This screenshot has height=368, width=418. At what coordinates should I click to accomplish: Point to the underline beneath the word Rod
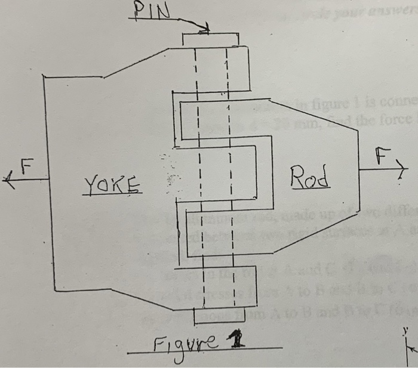311,189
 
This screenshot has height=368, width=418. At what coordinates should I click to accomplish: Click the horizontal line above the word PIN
152,20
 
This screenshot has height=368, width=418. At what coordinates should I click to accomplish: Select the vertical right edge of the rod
358,173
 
